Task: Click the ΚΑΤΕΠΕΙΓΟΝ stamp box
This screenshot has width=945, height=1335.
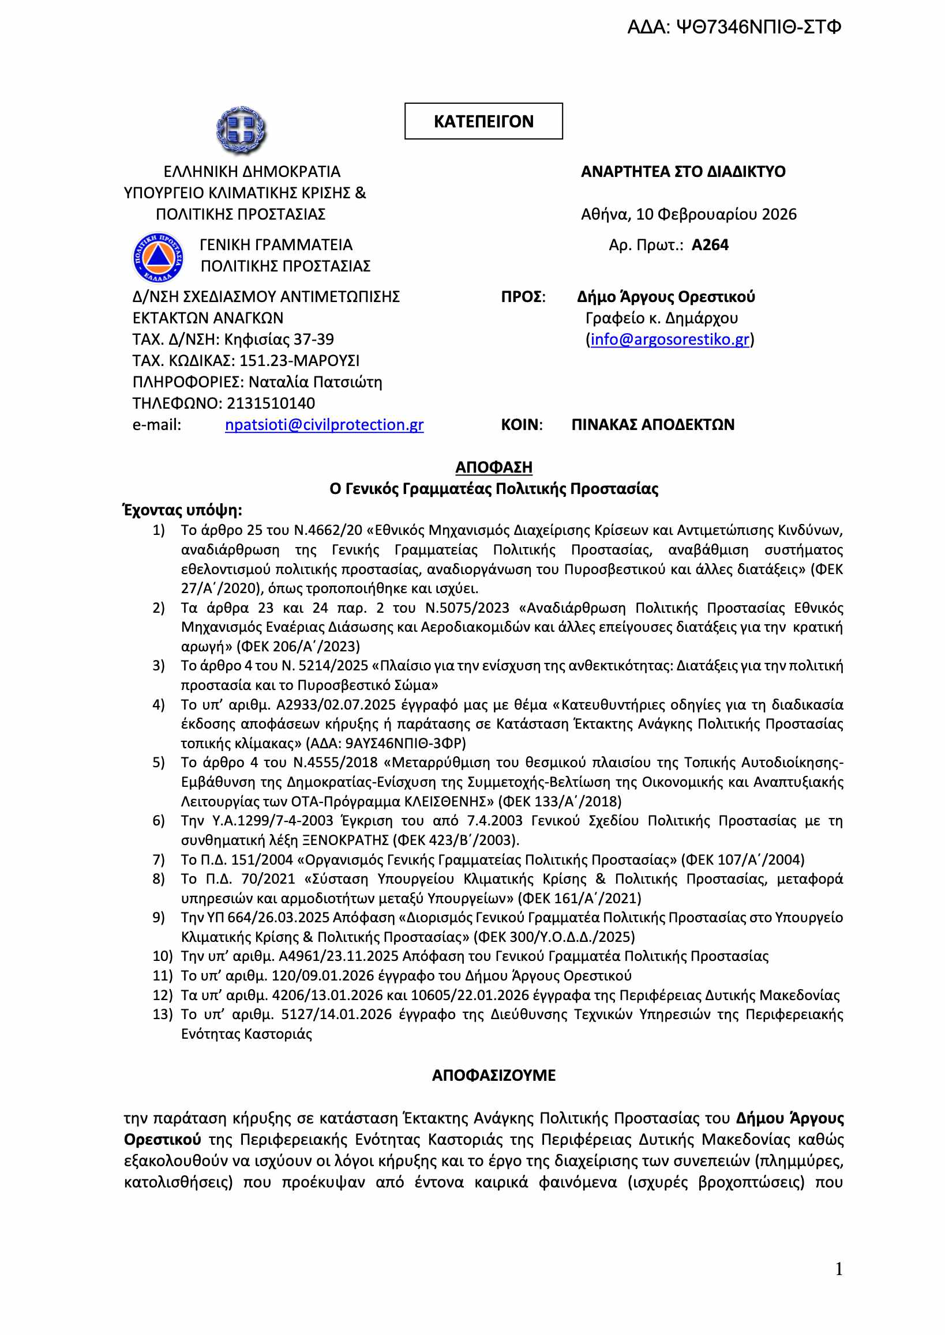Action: pos(483,122)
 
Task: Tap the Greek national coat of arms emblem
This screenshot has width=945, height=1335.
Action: pos(241,130)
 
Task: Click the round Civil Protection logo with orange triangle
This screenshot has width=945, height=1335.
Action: pos(157,257)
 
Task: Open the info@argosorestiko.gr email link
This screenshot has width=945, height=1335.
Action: pos(670,340)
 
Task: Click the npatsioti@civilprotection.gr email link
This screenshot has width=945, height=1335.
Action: pos(324,425)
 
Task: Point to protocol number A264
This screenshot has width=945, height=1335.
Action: pos(710,246)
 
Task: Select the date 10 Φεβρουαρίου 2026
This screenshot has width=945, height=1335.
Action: pos(716,214)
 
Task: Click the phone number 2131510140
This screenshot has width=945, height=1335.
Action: pos(271,403)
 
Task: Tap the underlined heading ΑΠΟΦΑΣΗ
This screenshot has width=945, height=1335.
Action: pos(493,467)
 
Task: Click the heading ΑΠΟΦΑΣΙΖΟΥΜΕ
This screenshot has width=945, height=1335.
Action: pos(493,1076)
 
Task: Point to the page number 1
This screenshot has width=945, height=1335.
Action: pos(838,1269)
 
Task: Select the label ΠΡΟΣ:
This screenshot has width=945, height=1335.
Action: pos(523,297)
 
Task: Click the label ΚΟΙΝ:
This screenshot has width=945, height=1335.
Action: pos(522,425)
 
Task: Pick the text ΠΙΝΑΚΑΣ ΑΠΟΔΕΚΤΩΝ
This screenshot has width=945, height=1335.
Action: pos(653,425)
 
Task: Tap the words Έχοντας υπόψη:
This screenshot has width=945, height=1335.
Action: pos(183,511)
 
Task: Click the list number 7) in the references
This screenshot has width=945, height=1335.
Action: pos(159,860)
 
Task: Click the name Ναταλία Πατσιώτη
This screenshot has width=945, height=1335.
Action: pos(316,383)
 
